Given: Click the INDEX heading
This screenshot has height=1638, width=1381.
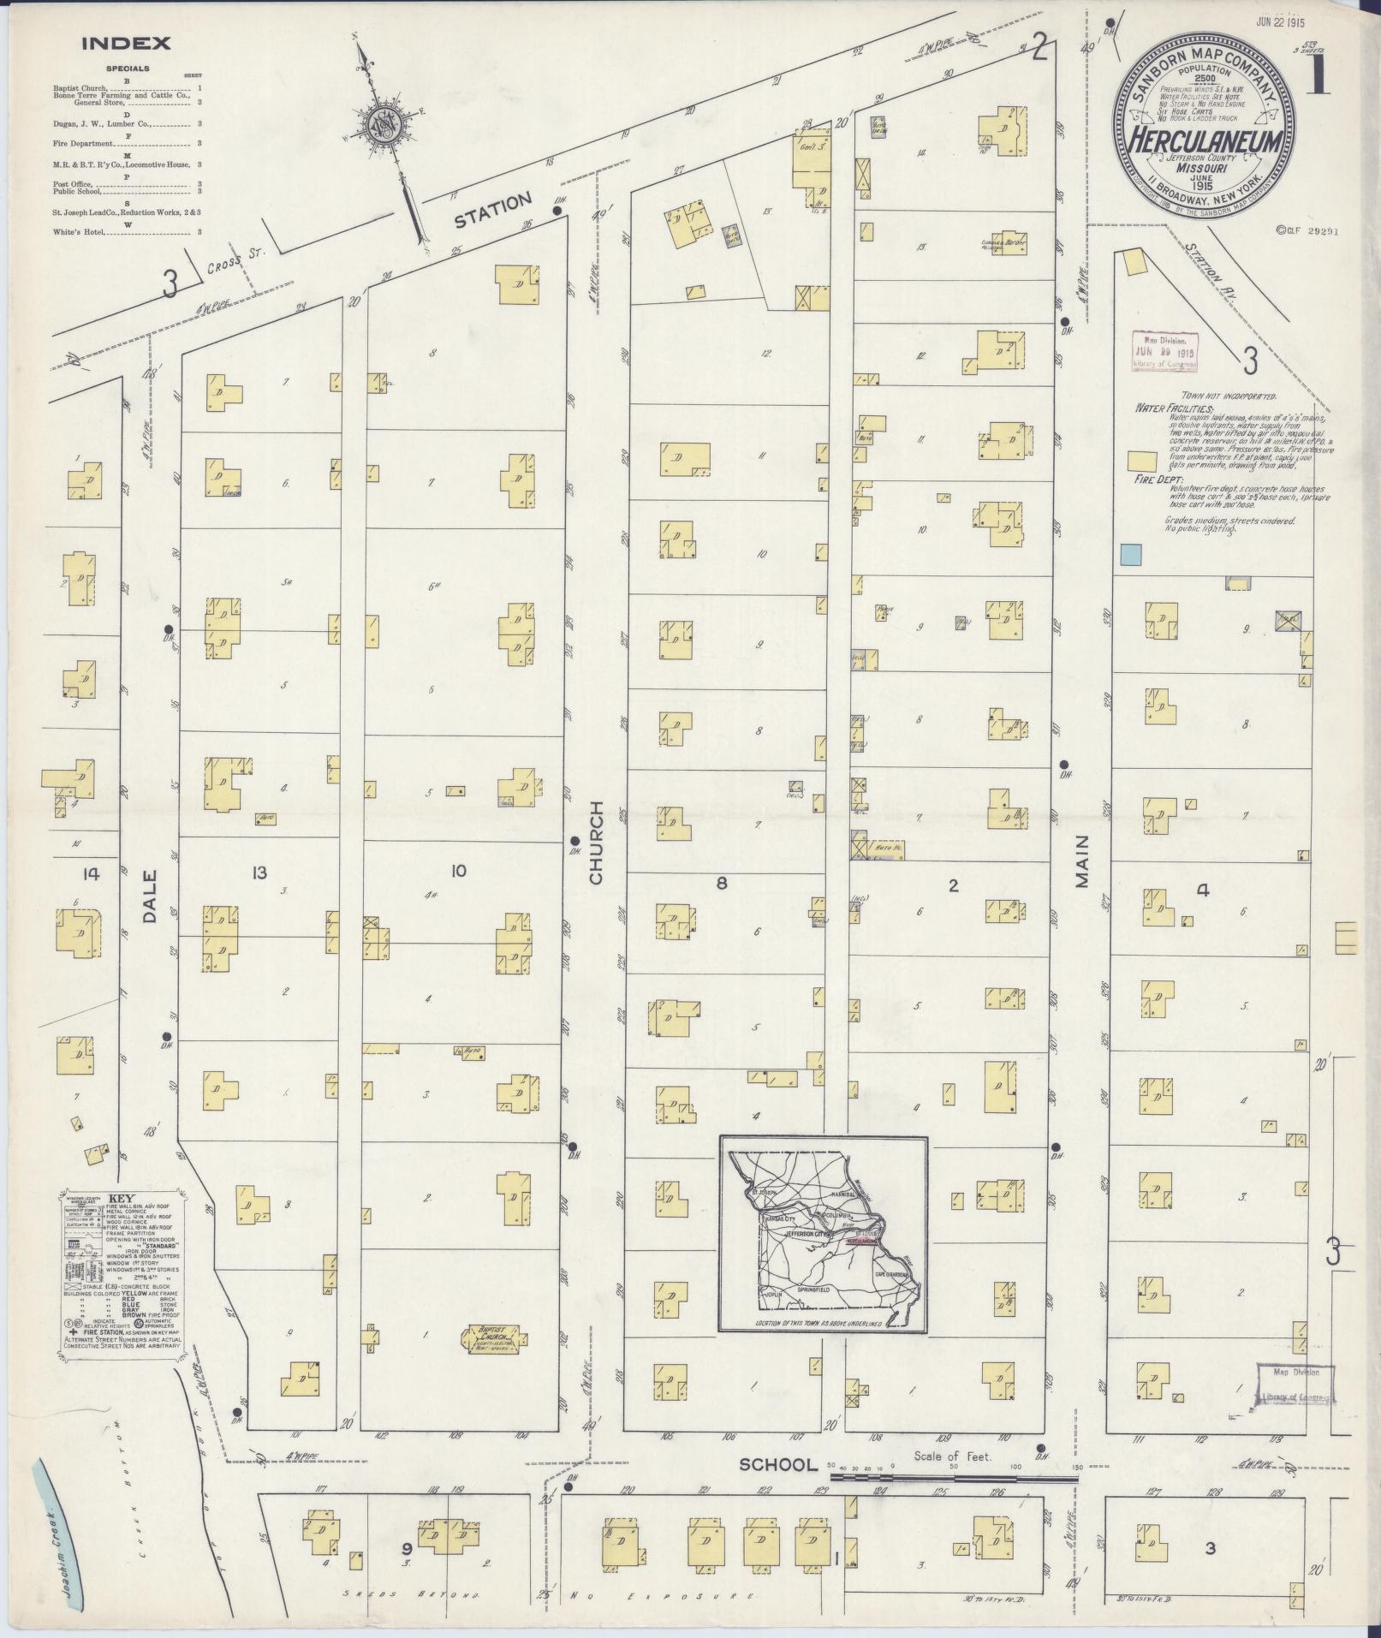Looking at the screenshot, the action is [x=127, y=43].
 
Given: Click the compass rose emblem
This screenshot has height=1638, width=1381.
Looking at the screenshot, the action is [x=379, y=126].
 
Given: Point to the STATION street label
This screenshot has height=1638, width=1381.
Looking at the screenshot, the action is [x=492, y=210].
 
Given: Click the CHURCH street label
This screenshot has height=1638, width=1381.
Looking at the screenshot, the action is [x=596, y=843].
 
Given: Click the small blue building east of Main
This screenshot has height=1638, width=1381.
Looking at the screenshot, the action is [x=1131, y=554].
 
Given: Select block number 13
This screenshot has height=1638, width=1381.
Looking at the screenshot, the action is [x=259, y=873].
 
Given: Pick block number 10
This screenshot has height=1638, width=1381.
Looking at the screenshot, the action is [x=458, y=872].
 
